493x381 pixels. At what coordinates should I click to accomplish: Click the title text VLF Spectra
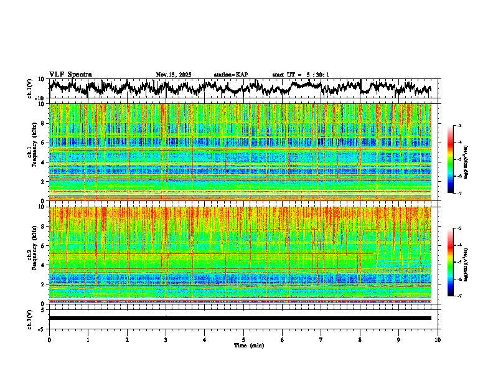(70, 75)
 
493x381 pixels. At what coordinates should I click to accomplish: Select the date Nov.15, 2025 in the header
(174, 75)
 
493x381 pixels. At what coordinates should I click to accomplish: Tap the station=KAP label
(231, 75)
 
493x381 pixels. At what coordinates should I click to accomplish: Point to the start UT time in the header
(301, 75)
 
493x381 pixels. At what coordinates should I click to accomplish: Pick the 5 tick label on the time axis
(243, 340)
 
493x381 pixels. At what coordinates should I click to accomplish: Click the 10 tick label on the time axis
(438, 340)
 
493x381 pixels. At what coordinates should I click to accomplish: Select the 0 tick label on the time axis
(49, 340)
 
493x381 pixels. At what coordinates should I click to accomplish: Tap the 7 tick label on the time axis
(321, 340)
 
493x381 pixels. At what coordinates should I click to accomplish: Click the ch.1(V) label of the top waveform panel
(30, 89)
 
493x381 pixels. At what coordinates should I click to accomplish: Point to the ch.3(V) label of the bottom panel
(30, 317)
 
